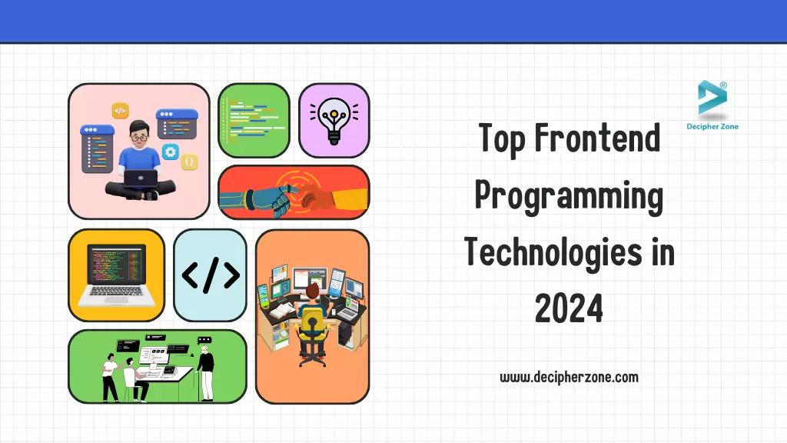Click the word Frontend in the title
[596, 138]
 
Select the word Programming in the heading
[569, 196]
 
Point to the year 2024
[569, 309]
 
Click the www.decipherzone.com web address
[569, 377]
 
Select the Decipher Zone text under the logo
[712, 126]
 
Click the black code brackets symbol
[210, 275]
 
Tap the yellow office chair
[312, 327]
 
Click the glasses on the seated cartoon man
[138, 138]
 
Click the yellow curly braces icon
[189, 162]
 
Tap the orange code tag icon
[121, 111]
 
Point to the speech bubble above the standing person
[204, 339]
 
